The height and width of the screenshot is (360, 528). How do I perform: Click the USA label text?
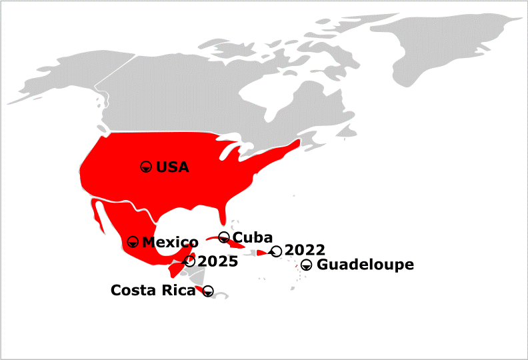coord(172,167)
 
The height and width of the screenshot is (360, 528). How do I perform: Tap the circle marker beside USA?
coord(146,167)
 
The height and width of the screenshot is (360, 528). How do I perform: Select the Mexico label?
coord(170,242)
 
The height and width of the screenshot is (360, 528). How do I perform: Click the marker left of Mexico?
coord(133,241)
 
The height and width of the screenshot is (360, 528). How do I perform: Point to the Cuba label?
coord(253,237)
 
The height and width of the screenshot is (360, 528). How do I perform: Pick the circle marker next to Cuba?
coord(224,237)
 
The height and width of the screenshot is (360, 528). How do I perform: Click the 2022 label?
coord(305,251)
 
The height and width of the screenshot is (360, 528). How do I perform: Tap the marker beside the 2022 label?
coord(276,251)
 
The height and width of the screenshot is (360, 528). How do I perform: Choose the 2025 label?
coord(217,261)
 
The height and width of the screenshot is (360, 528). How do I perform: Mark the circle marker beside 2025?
coord(190,261)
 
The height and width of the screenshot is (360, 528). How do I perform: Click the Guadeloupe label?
coord(365,265)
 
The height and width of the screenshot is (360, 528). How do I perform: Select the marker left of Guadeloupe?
coord(306,265)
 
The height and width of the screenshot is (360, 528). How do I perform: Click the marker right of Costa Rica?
coord(208,290)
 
